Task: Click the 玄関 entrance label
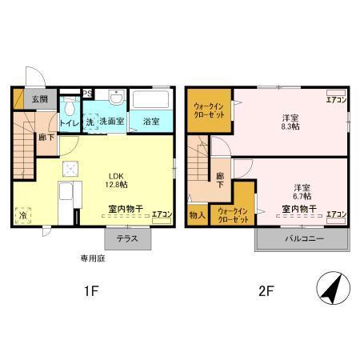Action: coord(39,99)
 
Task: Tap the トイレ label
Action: coord(70,122)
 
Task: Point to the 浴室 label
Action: coord(152,122)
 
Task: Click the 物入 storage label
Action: coord(197,214)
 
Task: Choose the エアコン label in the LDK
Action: coord(162,214)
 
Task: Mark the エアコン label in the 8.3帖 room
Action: coord(335,100)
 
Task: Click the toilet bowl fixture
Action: coord(70,107)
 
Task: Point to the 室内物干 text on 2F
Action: coord(298,210)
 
